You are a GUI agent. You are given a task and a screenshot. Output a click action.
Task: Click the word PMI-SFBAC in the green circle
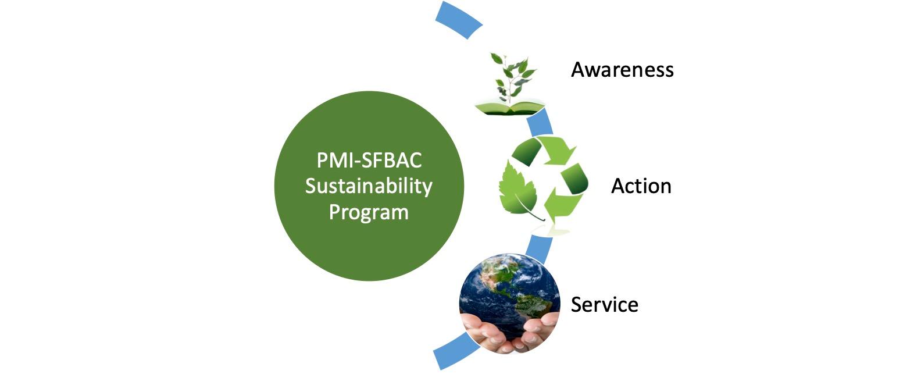coord(369,160)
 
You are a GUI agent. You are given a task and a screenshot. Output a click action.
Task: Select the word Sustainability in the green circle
coord(369,186)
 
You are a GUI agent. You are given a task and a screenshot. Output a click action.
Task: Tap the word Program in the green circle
coord(369,213)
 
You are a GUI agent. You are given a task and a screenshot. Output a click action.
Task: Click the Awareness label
coord(622,70)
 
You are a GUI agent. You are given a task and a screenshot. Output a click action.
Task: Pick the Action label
coord(641,186)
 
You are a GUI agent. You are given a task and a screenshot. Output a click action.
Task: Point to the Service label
coord(605,305)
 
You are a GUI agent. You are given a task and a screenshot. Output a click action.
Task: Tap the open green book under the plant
coord(510,108)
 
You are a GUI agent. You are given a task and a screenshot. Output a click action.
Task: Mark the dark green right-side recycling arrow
coord(575,178)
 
